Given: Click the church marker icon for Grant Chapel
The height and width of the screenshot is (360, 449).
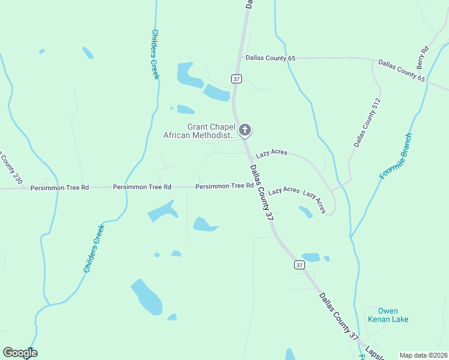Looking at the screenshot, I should pos(244,130).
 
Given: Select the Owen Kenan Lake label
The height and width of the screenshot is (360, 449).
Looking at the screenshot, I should pos(388,315).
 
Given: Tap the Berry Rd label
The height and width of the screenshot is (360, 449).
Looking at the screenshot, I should pos(422,57).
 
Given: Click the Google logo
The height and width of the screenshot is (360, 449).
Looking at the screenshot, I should pos(20,353).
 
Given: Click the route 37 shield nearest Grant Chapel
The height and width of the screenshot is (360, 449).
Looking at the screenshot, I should pos(236,79).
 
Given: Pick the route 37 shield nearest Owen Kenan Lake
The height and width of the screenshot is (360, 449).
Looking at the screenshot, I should pos(299,265).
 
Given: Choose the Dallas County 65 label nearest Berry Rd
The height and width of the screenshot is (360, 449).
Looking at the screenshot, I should pos(402,71).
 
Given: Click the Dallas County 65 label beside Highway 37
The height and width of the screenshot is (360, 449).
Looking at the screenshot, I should pos(271,58).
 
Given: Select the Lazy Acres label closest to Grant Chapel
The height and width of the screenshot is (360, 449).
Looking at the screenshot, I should pos(271,153).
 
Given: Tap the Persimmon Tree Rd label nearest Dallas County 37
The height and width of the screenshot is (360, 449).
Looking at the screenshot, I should pos(224,187).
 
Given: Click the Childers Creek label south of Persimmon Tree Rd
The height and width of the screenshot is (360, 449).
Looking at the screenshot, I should pos(94,248).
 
